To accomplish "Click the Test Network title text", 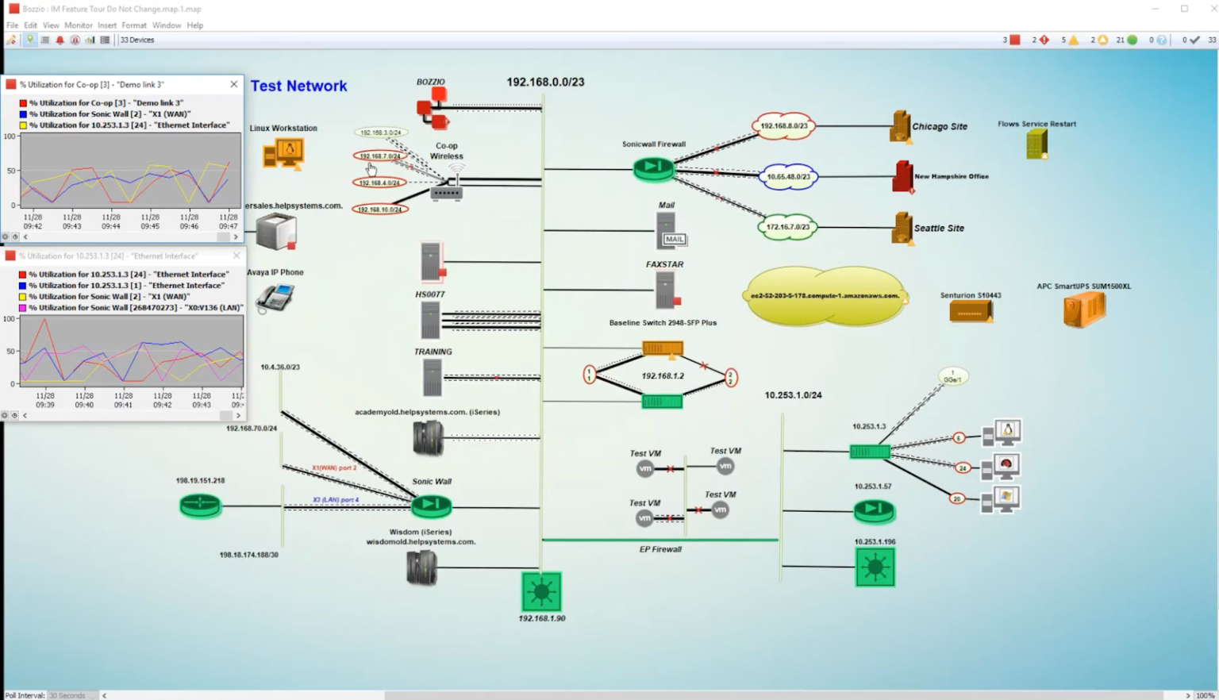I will point(298,86).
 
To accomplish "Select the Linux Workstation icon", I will point(283,153).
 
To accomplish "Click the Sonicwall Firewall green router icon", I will point(653,167).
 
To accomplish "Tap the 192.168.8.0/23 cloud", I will point(783,126).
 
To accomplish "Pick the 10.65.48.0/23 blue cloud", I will point(787,176).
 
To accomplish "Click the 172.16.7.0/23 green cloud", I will point(786,227).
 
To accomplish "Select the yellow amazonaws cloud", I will point(825,296).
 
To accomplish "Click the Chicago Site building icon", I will point(900,126).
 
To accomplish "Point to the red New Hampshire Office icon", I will point(902,176).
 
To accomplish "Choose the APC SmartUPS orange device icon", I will point(1083,309).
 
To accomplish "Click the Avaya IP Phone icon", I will point(275,298).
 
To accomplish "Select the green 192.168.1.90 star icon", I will point(541,591).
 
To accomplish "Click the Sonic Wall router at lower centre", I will point(431,505).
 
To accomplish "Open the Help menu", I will point(194,25).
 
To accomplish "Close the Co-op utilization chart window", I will point(233,84).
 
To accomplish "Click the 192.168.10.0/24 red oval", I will point(379,210).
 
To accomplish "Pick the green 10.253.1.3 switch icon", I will point(869,452).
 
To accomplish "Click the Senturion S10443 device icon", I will point(970,312).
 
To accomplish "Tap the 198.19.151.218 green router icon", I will point(200,505).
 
